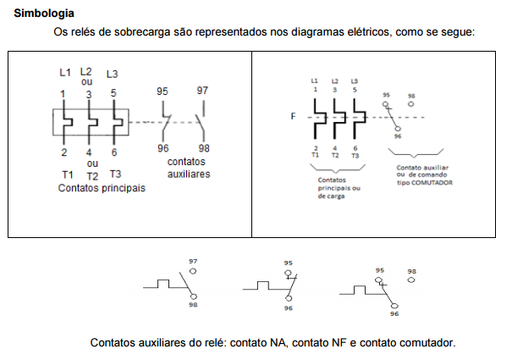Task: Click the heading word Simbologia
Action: point(43,14)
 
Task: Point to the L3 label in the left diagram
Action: point(113,74)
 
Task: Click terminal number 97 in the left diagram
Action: point(203,91)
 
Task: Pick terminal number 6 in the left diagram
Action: point(114,152)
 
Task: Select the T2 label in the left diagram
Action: point(92,175)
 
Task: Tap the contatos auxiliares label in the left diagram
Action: point(187,168)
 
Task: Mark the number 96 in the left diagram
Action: point(163,148)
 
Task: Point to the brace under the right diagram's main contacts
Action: point(336,167)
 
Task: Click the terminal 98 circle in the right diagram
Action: point(411,104)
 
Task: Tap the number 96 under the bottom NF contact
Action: point(289,308)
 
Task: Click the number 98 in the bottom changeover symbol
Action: point(412,273)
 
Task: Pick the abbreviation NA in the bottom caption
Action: point(279,343)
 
